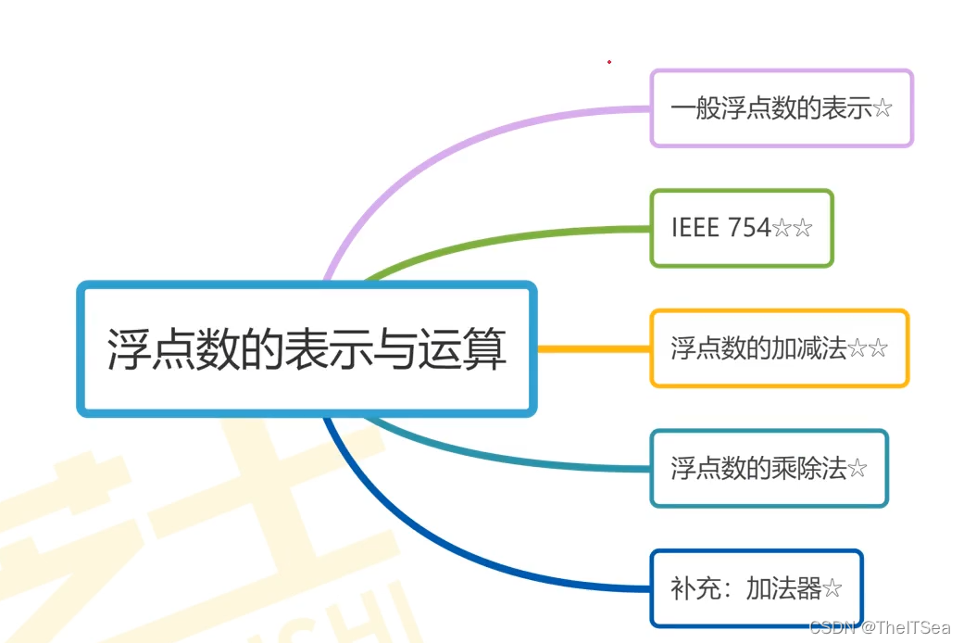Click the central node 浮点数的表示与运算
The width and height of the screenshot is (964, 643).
tap(307, 348)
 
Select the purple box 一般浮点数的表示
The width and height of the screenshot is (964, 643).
tap(781, 108)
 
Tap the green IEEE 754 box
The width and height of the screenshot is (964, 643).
tap(741, 228)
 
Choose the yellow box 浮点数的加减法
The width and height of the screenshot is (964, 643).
tap(779, 348)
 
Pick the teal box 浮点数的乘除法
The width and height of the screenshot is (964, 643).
tap(769, 468)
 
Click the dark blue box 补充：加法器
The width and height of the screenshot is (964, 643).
tap(756, 588)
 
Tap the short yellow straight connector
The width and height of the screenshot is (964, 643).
tap(593, 349)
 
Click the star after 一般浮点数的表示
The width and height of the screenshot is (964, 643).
tap(883, 109)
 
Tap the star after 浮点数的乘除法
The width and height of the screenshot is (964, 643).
tap(858, 469)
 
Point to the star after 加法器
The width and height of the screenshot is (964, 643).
tap(833, 589)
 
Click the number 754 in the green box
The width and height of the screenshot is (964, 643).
tap(749, 228)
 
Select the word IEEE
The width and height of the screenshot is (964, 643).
tap(695, 228)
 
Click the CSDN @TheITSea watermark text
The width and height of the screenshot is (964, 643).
tap(880, 628)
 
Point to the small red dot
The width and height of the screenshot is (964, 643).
tap(609, 62)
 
